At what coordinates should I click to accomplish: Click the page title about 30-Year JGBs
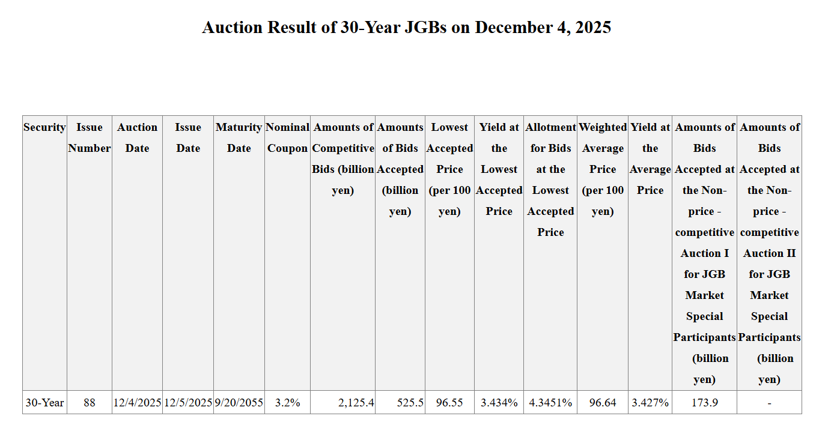point(406,28)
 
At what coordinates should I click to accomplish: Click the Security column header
point(44,127)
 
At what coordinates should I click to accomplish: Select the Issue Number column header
point(89,137)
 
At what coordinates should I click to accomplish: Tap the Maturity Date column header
point(239,137)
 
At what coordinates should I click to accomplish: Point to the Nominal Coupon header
point(287,137)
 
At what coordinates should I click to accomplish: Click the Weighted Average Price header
point(602,169)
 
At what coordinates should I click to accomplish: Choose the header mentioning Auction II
point(769,253)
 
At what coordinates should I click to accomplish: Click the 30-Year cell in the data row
point(44,402)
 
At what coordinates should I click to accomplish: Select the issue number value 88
point(89,402)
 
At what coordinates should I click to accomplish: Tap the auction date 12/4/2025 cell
point(137,402)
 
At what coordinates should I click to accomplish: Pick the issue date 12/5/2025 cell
point(188,402)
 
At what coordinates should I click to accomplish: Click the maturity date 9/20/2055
point(239,402)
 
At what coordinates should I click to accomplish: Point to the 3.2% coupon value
point(287,402)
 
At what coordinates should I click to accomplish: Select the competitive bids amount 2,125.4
point(356,402)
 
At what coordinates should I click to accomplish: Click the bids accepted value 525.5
point(410,402)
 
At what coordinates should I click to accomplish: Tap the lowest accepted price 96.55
point(449,402)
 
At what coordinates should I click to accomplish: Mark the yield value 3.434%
point(499,402)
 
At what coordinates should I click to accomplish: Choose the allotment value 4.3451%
point(550,402)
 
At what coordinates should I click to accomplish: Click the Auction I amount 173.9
point(704,402)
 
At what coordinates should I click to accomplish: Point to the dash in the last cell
point(769,402)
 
